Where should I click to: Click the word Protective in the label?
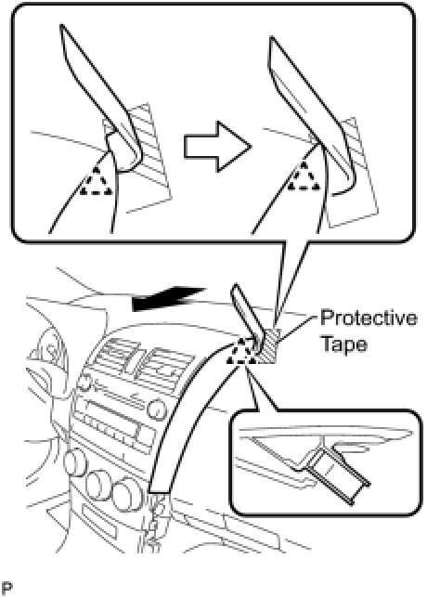(x=369, y=318)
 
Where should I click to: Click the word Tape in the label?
(x=343, y=344)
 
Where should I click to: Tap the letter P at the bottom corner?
(x=6, y=589)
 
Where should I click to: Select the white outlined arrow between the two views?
(x=218, y=147)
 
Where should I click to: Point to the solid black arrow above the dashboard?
(x=168, y=298)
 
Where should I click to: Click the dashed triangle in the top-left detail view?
(x=97, y=182)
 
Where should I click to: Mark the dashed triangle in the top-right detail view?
(x=304, y=176)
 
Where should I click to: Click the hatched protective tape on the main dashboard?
(x=269, y=346)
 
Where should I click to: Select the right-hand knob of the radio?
(x=157, y=410)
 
